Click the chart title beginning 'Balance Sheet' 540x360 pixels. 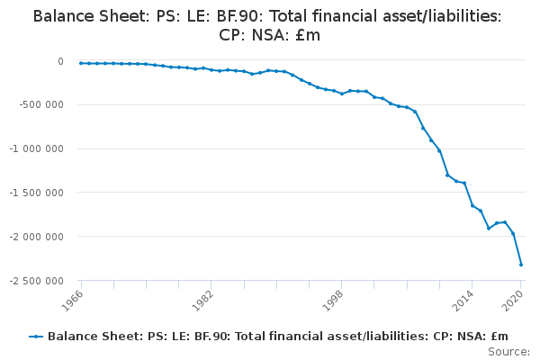tap(267, 25)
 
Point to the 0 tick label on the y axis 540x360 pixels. tap(60, 61)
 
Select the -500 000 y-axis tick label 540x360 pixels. tap(42, 105)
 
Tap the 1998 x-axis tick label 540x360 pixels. tap(334, 299)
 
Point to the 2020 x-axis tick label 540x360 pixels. tap(514, 299)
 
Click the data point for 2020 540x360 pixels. tap(521, 265)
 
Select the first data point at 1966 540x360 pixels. tap(80, 63)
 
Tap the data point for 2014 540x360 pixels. tap(472, 205)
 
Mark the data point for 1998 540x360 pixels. tap(342, 94)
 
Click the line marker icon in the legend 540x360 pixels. tap(36, 337)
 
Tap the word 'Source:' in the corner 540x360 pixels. tap(509, 351)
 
